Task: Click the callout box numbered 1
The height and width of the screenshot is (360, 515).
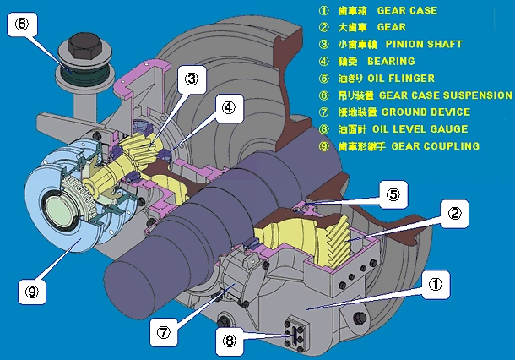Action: (435, 285)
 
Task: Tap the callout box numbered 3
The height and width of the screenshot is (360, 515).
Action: (192, 79)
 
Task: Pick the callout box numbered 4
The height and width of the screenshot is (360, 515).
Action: (229, 106)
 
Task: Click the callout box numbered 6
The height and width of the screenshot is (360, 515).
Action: (23, 24)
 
